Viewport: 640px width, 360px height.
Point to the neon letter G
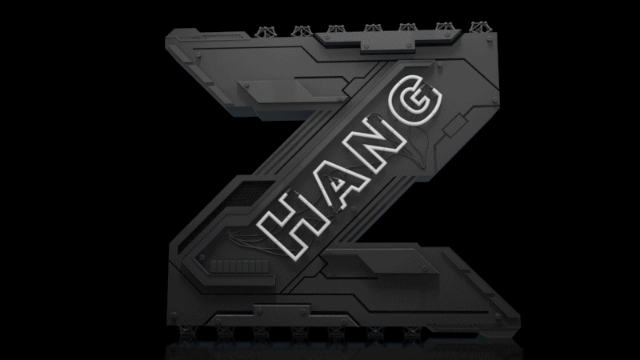416,99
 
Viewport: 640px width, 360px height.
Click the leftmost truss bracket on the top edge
266,32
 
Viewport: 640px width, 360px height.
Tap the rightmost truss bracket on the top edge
481,27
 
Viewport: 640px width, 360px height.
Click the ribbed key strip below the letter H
239,266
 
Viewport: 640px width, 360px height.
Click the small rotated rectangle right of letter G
454,126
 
